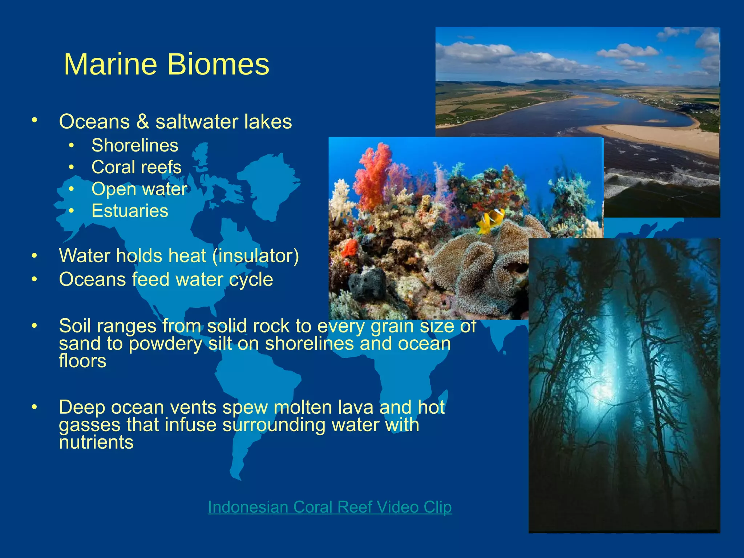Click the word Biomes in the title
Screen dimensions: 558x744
[x=218, y=65]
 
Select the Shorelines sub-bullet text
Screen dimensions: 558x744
[x=135, y=146]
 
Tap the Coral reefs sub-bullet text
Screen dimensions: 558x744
[x=136, y=167]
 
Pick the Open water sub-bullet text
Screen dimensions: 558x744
[x=139, y=189]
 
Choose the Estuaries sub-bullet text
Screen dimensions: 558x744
[x=130, y=211]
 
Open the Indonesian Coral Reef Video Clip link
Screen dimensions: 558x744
[x=329, y=507]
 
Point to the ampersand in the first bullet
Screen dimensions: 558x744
[x=143, y=122]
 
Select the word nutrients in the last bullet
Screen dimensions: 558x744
[x=96, y=442]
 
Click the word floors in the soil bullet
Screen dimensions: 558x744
[x=82, y=361]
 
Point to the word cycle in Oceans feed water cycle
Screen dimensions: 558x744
[x=251, y=280]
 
